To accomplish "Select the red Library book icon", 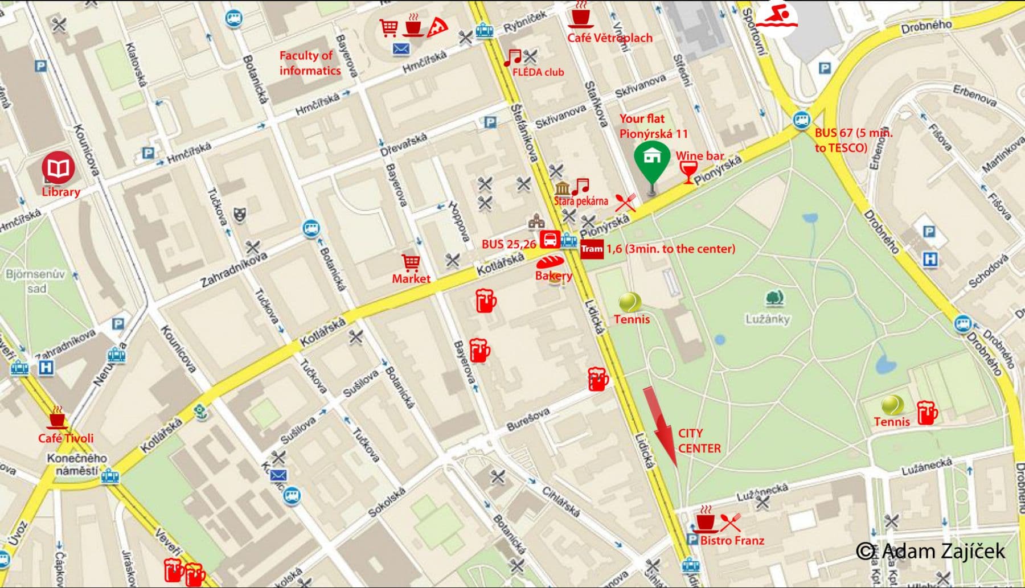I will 58,168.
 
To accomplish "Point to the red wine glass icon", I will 688,171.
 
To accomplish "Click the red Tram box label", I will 592,249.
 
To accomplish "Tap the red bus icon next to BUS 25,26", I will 550,239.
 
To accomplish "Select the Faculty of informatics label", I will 310,63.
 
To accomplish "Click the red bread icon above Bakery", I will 550,262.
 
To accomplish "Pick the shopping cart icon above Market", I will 411,262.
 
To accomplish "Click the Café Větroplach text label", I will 609,38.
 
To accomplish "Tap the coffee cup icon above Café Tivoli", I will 56,420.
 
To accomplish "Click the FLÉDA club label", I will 538,72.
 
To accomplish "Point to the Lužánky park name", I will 768,319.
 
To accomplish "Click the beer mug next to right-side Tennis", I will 926,413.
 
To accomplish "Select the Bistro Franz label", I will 732,540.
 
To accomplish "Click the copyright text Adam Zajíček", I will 931,551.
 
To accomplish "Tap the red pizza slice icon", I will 437,25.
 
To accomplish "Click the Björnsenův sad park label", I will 35,281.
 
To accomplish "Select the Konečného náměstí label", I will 77,464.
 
